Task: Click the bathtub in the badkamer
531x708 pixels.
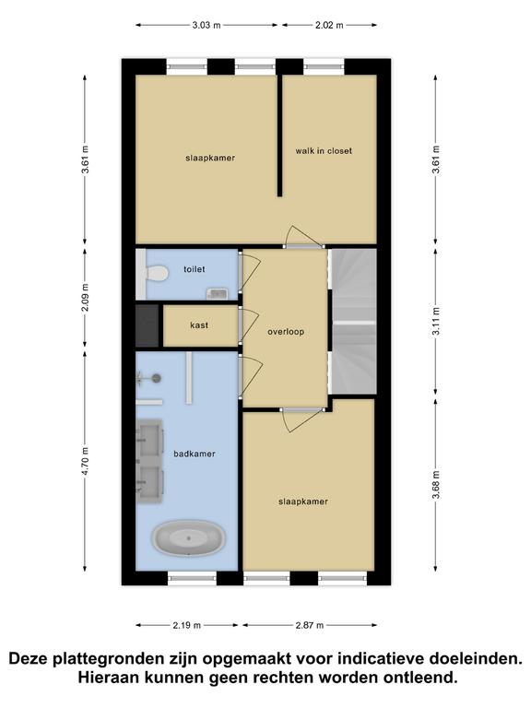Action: coord(188,538)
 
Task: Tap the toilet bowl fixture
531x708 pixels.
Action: coord(157,273)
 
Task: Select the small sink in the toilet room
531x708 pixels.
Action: coord(218,293)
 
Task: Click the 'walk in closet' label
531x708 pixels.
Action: coord(324,151)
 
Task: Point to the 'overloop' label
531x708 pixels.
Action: coord(286,332)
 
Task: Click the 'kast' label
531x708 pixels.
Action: coord(199,325)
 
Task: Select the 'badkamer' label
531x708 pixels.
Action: coord(195,454)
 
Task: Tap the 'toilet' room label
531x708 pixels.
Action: coord(195,269)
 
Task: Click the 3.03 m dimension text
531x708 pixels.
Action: coord(206,25)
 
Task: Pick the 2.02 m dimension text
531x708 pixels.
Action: coord(329,25)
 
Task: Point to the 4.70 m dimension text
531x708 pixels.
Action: coord(86,460)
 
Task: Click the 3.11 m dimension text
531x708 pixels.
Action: coord(436,321)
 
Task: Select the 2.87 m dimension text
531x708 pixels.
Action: coord(310,625)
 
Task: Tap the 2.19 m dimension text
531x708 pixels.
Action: coord(186,625)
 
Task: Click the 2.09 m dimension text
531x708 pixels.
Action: coord(86,297)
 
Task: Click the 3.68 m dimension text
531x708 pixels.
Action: coord(436,485)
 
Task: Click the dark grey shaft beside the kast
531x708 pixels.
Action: coord(147,325)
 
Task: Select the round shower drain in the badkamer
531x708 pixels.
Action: coord(157,378)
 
